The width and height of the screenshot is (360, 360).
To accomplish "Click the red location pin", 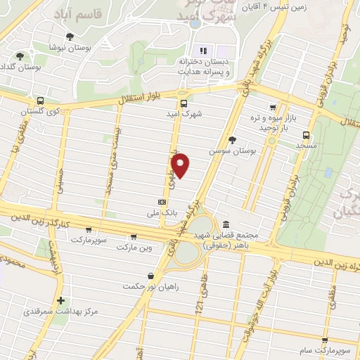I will coord(181,165).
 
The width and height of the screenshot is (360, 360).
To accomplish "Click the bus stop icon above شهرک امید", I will coord(184,103).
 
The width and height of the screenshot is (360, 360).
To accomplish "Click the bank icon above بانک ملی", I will coord(162,200).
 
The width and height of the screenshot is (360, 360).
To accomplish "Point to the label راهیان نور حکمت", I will coord(149,286).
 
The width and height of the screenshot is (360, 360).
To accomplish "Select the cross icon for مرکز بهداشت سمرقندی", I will coord(62,300).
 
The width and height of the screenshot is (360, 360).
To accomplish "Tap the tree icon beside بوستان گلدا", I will coord(19,55).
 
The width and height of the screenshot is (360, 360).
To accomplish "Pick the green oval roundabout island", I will coord(186,252).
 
